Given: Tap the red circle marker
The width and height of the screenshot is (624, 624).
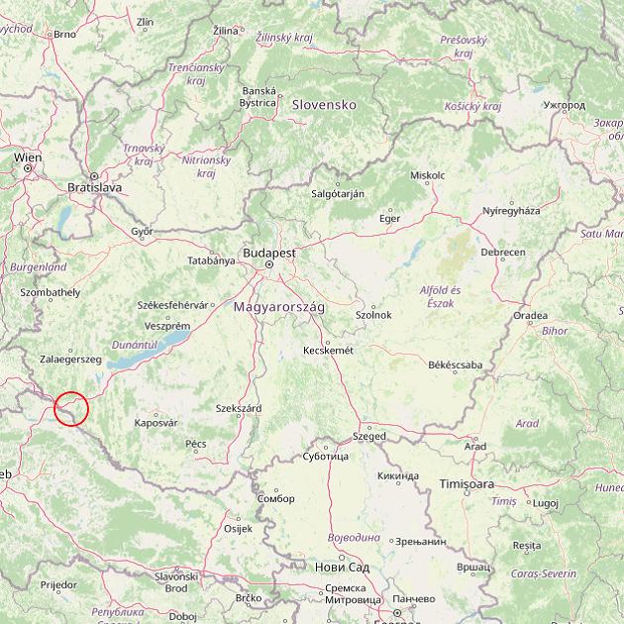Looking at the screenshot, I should coord(72,409).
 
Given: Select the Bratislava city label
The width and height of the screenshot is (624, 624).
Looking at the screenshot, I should coord(94,186).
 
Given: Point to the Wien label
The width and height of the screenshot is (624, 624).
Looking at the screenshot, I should coord(28,157).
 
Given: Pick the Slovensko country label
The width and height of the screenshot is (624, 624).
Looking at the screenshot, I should coord(323,104).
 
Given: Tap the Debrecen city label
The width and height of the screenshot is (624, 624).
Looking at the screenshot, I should coord(503,253).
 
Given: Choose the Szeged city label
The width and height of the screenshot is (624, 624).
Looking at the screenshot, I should coord(369,436).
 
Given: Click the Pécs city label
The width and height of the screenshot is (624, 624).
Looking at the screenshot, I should coord(195,444).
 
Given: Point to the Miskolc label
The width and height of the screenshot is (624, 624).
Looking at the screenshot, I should coord(427,175).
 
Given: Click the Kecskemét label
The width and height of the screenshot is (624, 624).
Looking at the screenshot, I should coord(328,351).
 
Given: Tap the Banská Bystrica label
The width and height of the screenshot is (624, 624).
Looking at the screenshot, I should coord(259,96).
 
